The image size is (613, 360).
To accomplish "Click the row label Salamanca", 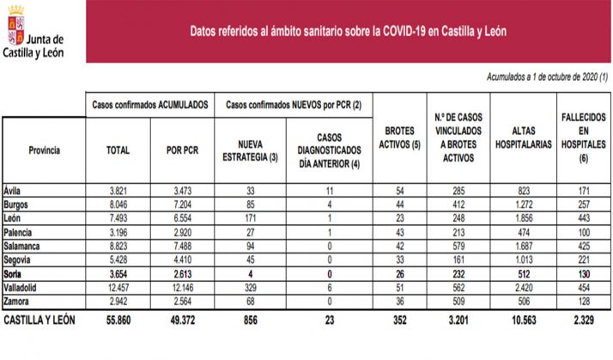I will pyautogui.click(x=25, y=247).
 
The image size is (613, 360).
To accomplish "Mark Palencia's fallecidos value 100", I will pyautogui.click(x=583, y=233).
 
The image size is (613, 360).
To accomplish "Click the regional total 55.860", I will pyautogui.click(x=118, y=320).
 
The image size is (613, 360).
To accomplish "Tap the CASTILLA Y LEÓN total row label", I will pyautogui.click(x=39, y=320).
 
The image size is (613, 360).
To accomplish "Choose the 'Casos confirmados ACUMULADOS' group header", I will pyautogui.click(x=150, y=104).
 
